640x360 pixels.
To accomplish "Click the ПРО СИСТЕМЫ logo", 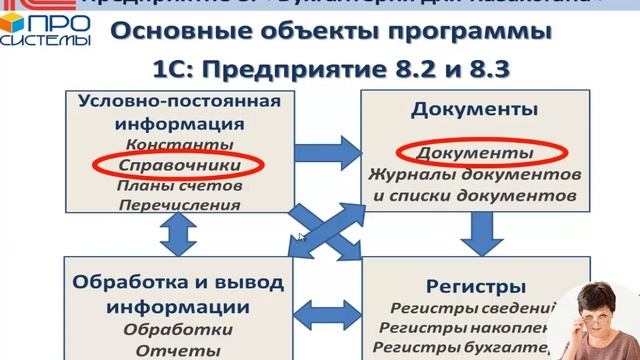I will pos(45,28).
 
